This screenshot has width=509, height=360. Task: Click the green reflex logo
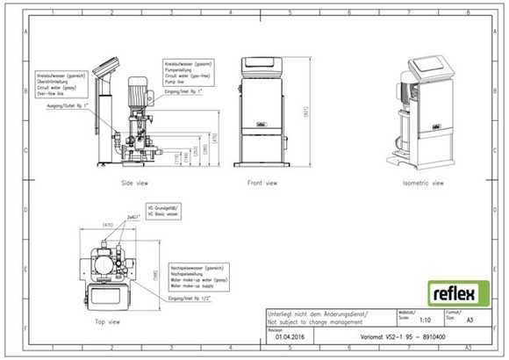452,290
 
